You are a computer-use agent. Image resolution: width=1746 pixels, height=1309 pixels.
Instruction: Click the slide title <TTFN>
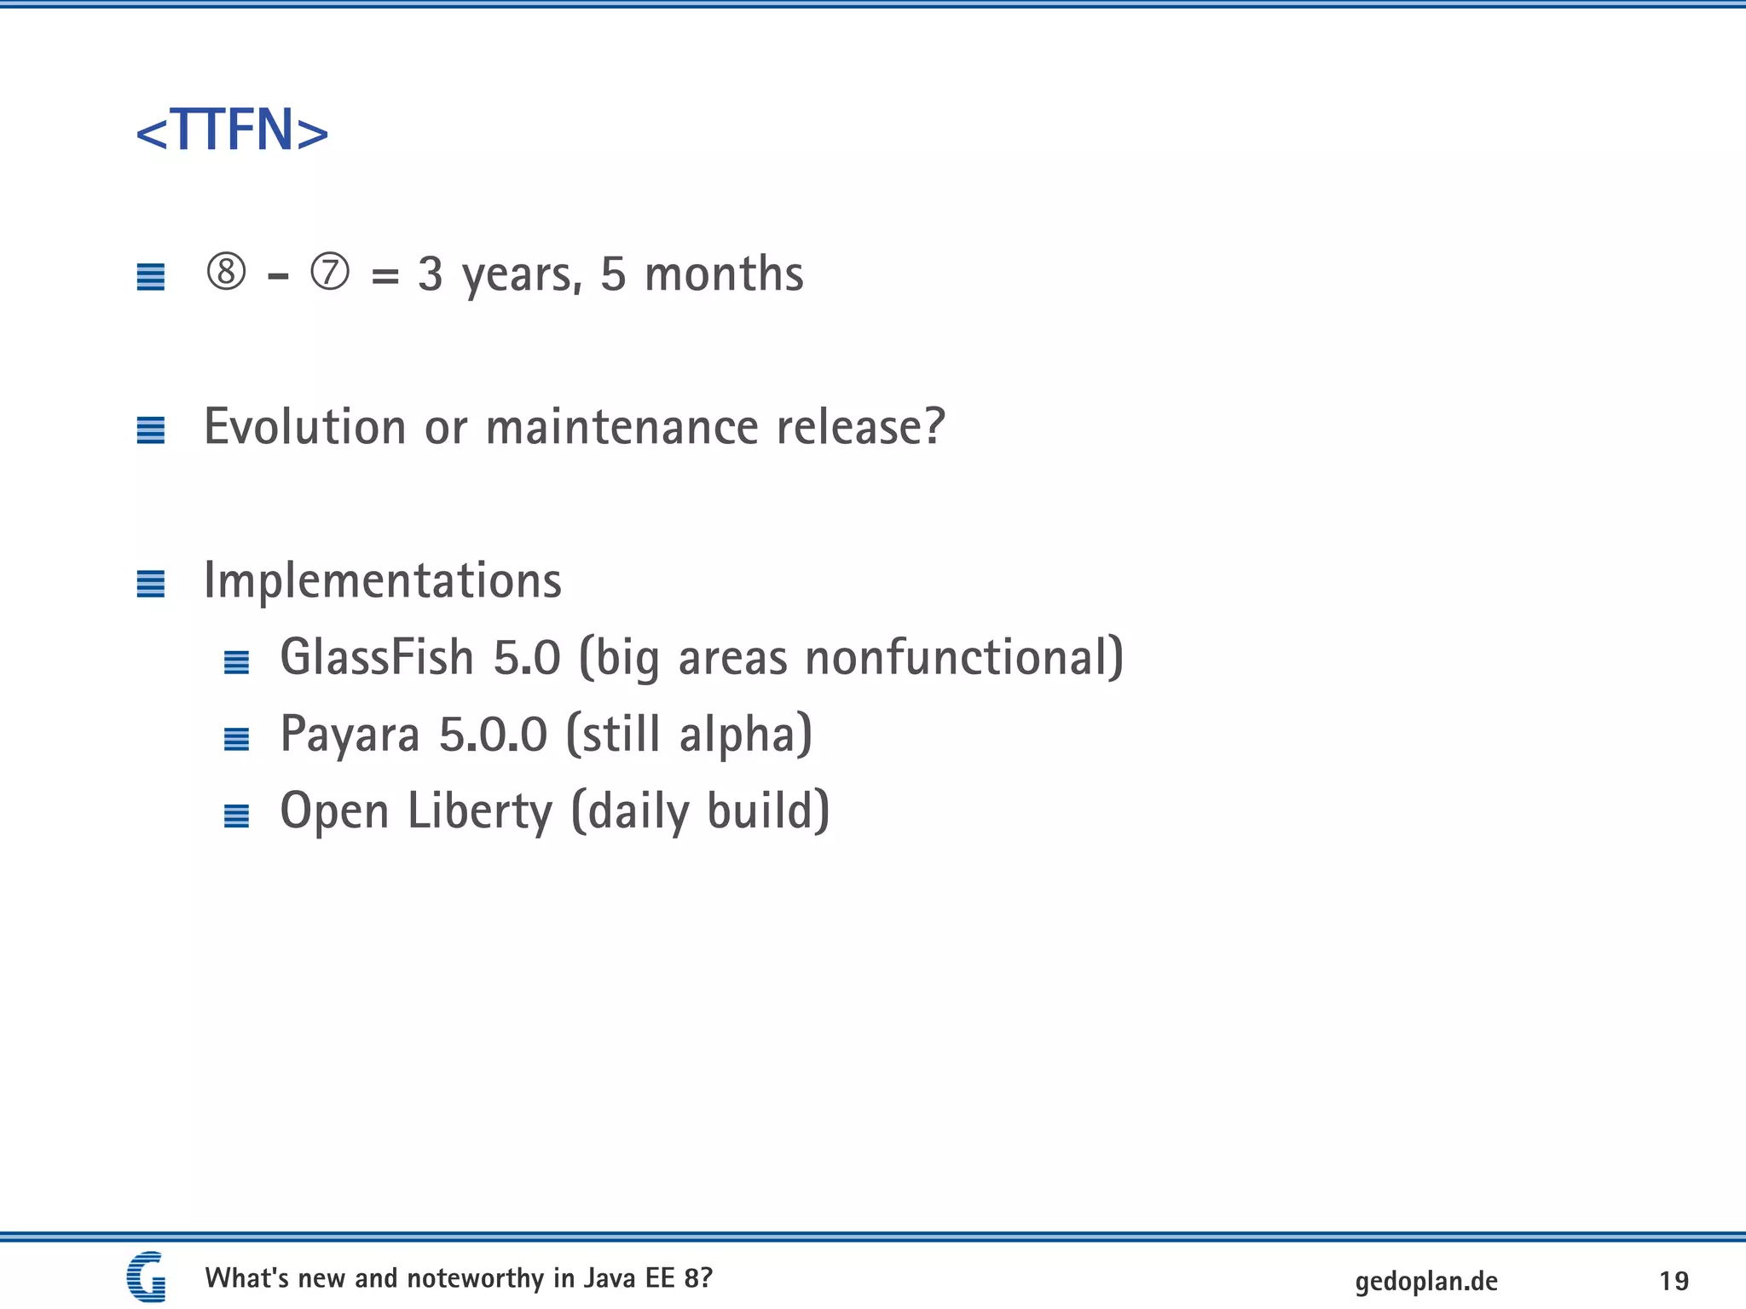[x=232, y=131]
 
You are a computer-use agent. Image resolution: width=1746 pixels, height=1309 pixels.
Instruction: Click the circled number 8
[x=227, y=273]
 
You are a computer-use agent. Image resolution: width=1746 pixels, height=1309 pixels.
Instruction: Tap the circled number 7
[x=330, y=273]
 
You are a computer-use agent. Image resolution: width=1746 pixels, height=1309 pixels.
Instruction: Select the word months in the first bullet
[x=724, y=274]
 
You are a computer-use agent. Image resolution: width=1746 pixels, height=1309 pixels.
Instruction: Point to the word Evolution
[x=305, y=426]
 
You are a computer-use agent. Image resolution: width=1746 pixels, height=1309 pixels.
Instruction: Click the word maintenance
[x=622, y=426]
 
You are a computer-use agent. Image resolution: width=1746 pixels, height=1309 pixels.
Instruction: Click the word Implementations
[x=383, y=581]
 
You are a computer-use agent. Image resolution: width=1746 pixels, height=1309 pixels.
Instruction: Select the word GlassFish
[x=377, y=658]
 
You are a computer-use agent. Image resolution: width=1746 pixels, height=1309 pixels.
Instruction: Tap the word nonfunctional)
[x=964, y=658]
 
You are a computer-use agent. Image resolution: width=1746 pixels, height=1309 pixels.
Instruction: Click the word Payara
[x=350, y=735]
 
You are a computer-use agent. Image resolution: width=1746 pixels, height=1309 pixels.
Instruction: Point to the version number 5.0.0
[x=493, y=735]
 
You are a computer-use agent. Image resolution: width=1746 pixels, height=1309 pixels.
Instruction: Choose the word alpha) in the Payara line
[x=745, y=735]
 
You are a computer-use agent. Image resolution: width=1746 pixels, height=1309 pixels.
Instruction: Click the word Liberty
[x=480, y=811]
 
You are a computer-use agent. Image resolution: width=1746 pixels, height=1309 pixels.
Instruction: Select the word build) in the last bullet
[x=768, y=811]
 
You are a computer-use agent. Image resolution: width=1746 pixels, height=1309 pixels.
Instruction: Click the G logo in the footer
[x=147, y=1277]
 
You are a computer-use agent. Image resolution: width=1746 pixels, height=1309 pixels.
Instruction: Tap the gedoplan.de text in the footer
[x=1426, y=1281]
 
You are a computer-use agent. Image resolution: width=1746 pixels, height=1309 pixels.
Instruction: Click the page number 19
[x=1674, y=1281]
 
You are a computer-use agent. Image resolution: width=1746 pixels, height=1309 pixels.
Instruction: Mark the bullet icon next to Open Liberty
[x=236, y=816]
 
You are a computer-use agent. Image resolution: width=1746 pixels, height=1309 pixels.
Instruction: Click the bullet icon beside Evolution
[x=151, y=430]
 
